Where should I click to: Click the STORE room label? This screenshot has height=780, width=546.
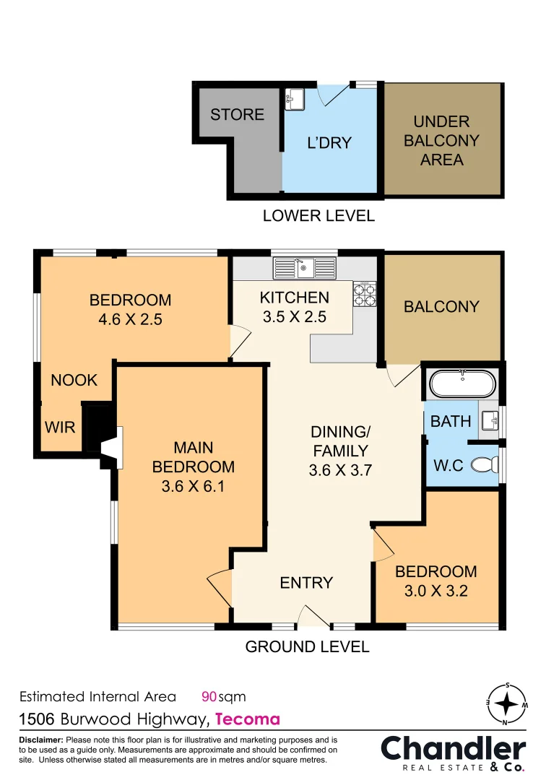pos(237,114)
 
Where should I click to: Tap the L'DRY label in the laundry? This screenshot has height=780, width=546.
pos(329,143)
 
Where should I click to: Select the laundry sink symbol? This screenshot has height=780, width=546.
pos(295,99)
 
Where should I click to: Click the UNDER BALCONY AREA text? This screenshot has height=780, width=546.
pos(441,140)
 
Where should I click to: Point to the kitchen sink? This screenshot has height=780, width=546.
pos(304,268)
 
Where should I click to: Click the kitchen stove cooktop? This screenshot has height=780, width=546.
pos(365,293)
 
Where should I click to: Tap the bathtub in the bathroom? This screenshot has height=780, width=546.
pos(462,383)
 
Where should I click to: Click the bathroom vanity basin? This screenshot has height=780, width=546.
pos(490,421)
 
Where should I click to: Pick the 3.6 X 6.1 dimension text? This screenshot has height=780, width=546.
pos(193,486)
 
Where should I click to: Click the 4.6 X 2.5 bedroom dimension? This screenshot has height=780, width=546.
pos(130,319)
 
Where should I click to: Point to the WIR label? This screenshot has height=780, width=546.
pos(60,427)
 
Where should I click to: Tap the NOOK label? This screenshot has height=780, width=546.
pos(74,380)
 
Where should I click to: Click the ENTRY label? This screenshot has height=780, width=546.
pos(306,583)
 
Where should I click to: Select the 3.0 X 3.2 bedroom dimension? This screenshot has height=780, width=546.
pos(436,591)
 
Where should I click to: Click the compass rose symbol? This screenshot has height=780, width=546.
pos(507,704)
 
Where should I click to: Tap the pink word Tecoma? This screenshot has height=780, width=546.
pos(248,719)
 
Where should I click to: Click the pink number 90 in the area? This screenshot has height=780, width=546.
pos(209,696)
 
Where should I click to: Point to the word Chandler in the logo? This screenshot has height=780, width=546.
pos(453,749)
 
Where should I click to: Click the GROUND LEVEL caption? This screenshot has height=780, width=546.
pos(308,646)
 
